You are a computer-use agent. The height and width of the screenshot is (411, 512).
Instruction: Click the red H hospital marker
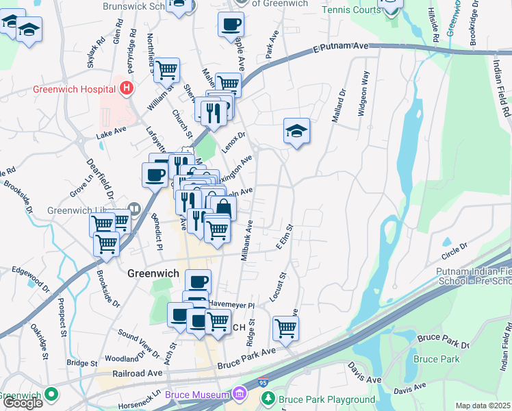125,88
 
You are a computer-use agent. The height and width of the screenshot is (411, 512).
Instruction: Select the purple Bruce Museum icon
239,395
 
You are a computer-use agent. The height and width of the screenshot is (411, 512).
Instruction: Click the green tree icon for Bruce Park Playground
268,399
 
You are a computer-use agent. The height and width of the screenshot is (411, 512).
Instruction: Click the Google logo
23,403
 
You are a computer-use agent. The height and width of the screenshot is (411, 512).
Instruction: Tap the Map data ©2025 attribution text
483,406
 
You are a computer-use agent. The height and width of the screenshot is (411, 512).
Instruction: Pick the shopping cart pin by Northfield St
166,69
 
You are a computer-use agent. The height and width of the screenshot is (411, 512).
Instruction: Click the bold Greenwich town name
153,273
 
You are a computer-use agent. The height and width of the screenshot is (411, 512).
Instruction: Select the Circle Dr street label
455,246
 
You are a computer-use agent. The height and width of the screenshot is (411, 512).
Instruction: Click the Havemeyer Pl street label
232,306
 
